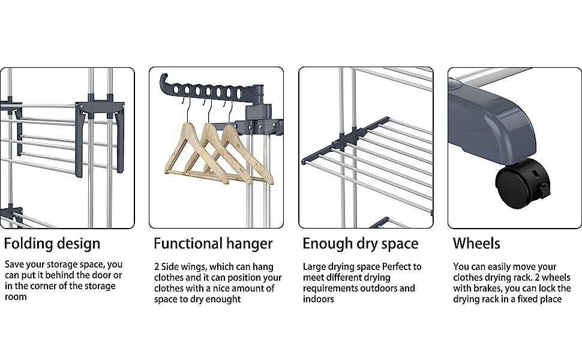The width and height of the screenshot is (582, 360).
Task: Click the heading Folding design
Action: [x=52, y=244]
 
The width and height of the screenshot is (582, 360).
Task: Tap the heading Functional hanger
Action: [x=213, y=244]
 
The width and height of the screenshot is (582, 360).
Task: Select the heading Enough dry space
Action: [x=360, y=244]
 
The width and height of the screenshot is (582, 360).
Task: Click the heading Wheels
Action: [x=476, y=244]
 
